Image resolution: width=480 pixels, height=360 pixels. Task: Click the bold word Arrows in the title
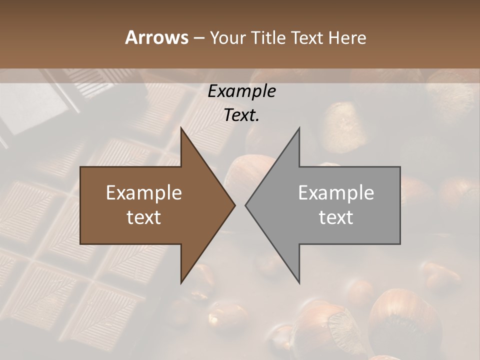[156, 37]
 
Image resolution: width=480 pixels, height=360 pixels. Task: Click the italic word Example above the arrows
[242, 91]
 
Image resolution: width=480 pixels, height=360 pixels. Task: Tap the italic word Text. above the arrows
[242, 115]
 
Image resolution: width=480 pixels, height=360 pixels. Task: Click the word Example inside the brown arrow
[144, 192]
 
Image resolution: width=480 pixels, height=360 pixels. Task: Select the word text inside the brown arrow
[144, 217]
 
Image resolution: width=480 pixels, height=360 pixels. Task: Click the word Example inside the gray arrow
[336, 192]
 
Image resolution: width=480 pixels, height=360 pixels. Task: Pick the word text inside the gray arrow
[336, 217]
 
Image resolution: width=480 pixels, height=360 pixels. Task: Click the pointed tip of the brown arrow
[235, 205]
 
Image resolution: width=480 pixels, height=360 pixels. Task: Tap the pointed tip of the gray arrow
[245, 205]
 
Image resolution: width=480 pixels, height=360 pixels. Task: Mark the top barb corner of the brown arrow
[181, 127]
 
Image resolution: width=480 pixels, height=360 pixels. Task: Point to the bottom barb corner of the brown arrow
[181, 283]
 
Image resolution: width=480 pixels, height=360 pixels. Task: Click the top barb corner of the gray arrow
[299, 127]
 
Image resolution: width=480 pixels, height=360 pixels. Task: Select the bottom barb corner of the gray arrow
[299, 283]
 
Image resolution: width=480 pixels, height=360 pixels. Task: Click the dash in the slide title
[198, 38]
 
